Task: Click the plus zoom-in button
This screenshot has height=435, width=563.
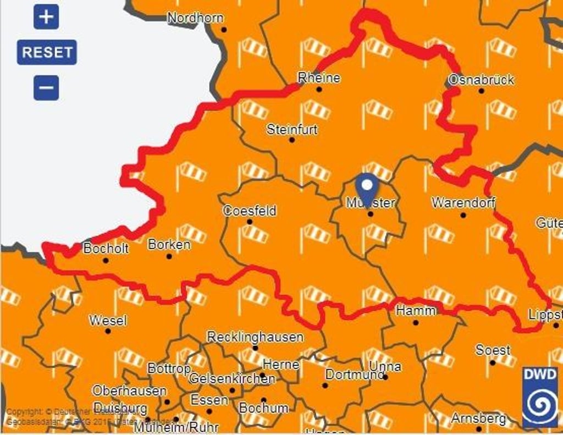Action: click(x=46, y=17)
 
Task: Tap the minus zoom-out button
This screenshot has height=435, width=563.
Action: click(x=46, y=87)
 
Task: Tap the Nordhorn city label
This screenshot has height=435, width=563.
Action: click(x=195, y=18)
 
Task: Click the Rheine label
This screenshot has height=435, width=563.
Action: click(x=319, y=78)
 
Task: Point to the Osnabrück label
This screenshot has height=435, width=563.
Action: click(x=481, y=80)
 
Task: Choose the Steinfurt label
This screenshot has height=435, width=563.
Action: click(x=292, y=130)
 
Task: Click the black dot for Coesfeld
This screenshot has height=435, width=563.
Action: click(x=250, y=222)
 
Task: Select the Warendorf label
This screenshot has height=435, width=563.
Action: click(x=463, y=202)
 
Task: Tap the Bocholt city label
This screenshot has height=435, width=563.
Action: click(x=106, y=249)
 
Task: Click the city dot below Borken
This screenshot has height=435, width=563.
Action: click(x=169, y=256)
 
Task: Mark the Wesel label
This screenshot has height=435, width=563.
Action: click(x=108, y=320)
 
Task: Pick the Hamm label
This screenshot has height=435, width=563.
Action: click(x=416, y=311)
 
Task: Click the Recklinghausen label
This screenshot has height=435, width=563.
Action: click(x=255, y=337)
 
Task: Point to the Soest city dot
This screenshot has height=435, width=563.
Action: click(x=493, y=362)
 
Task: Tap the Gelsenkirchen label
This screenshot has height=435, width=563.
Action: click(x=231, y=378)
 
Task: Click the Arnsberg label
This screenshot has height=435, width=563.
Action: click(x=478, y=419)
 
